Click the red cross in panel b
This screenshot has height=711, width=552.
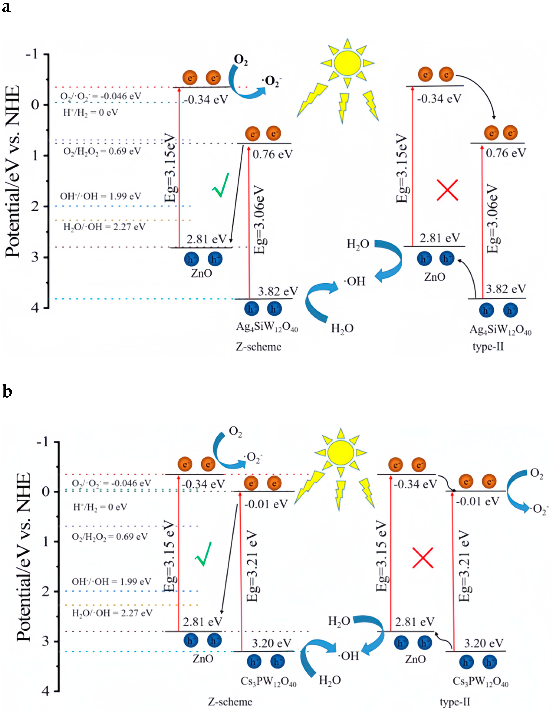(x=422, y=558)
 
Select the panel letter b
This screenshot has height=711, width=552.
(x=7, y=391)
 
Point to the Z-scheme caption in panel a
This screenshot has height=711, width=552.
(x=259, y=347)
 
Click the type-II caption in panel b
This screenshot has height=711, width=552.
(x=455, y=701)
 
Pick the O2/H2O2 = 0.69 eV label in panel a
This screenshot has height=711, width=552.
(x=102, y=151)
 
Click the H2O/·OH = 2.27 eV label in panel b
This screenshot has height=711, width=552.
(x=112, y=613)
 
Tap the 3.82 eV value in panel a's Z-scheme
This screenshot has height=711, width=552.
(x=278, y=291)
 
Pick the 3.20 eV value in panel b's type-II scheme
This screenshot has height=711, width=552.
(x=484, y=643)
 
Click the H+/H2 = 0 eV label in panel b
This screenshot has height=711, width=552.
(x=100, y=507)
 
